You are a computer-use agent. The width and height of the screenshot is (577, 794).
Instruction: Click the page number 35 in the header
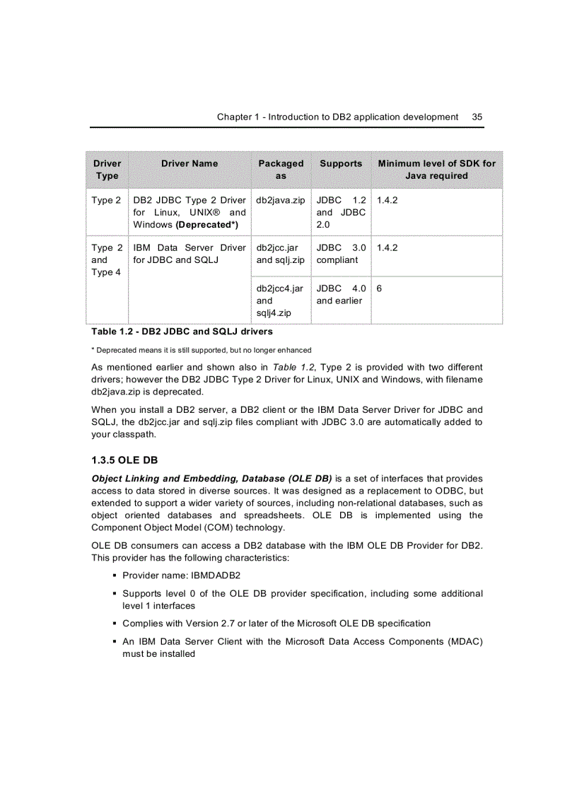coord(477,117)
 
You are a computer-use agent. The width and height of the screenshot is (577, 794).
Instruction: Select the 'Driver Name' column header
coord(190,163)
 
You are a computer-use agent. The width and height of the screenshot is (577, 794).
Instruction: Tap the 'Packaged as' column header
coord(281,169)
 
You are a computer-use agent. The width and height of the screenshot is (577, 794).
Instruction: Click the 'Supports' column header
coord(341,163)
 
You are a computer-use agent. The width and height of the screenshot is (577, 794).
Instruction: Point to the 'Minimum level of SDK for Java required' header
coord(436,169)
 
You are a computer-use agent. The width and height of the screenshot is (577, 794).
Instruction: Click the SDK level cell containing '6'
coord(380,288)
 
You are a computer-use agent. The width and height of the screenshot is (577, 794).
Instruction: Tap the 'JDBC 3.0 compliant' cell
coord(341,254)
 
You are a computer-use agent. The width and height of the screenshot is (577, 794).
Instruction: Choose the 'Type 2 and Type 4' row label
coord(107,259)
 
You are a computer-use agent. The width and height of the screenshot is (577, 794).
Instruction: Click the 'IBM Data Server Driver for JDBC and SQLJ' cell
coord(190,254)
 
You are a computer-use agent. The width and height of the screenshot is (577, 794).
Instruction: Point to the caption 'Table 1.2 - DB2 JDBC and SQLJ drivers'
coord(182,331)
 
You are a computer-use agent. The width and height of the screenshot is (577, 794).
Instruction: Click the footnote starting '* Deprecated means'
coord(201,350)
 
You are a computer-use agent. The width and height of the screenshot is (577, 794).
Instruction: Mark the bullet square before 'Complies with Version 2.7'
coord(115,623)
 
